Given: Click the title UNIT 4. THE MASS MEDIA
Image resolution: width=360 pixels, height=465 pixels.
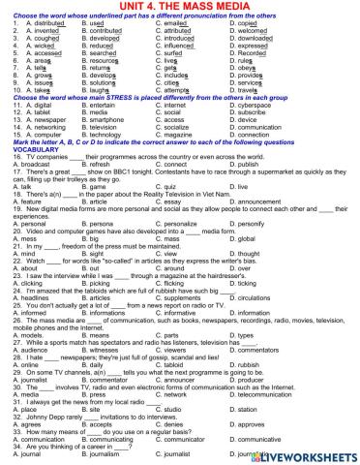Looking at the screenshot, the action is coord(179,7).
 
